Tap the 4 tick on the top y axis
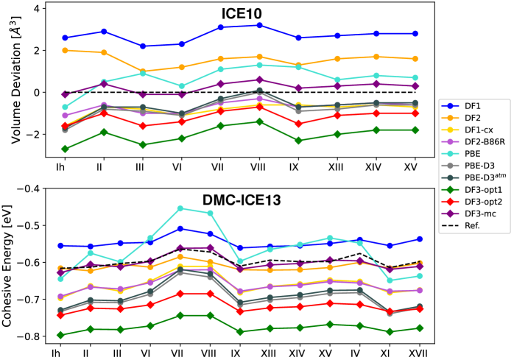[x=45, y=8]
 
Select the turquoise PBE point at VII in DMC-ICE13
[x=180, y=208]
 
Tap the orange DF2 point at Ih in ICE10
[x=66, y=50]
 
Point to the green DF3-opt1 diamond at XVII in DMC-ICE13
[x=419, y=328]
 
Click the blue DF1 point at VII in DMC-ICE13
[x=180, y=228]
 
